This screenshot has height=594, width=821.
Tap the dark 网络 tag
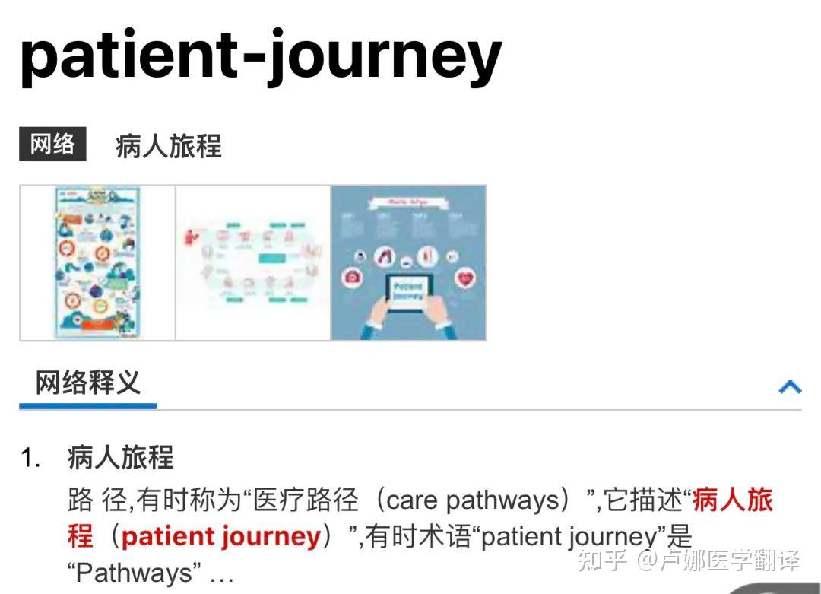pos(52,145)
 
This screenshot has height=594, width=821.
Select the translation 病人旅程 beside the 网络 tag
pos(168,146)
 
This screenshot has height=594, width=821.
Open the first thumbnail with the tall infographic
pos(97,262)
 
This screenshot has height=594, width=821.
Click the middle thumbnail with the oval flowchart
pos(253,262)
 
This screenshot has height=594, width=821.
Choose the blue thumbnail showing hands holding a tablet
pos(409,262)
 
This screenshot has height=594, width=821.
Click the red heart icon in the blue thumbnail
pos(464,278)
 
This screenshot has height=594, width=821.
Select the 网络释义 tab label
pos(88,383)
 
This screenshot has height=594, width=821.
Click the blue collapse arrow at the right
pos(790,387)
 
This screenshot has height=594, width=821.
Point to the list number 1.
pos(30,459)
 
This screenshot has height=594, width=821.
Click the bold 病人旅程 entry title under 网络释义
pos(120,458)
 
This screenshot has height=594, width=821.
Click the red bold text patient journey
pos(220,537)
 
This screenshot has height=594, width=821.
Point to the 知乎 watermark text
pos(602,561)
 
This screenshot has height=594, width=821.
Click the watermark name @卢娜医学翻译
pos(718,561)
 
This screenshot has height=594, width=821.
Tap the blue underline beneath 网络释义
pos(88,406)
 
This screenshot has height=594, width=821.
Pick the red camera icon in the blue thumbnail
pos(352,278)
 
